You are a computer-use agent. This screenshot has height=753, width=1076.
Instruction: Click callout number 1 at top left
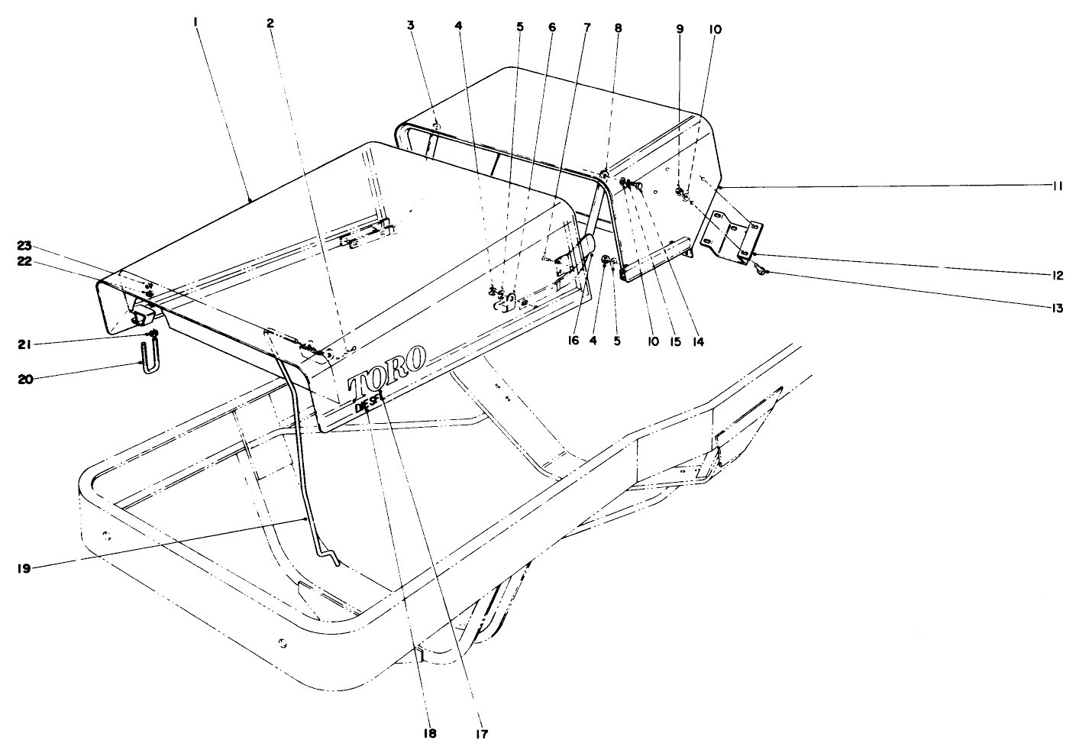coord(196,24)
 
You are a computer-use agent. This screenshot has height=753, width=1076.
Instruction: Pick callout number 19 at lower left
coord(24,568)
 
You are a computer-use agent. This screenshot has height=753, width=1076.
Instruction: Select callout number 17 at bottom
coord(479,733)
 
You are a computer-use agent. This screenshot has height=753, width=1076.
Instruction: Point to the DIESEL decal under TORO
coord(368,402)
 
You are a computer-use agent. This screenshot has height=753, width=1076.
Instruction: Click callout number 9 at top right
coord(680,29)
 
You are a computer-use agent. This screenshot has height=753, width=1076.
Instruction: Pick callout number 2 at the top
coord(270,24)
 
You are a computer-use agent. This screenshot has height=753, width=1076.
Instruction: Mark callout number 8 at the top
coord(618,29)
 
